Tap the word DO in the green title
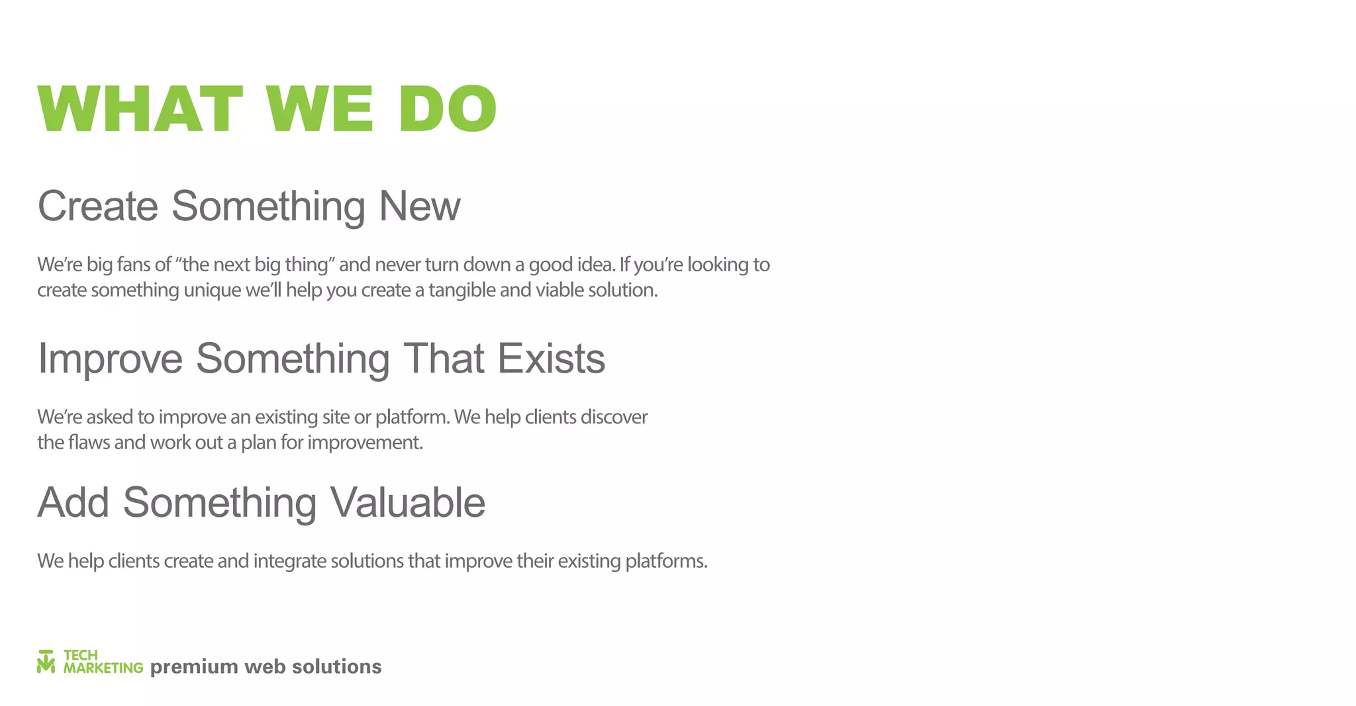[448, 109]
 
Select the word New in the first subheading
[419, 206]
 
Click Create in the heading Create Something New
[98, 206]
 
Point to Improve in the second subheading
[110, 359]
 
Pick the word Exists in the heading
[551, 359]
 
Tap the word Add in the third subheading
[73, 502]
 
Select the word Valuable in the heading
[407, 502]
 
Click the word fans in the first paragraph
[134, 265]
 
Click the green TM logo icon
[46, 662]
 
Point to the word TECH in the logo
[81, 655]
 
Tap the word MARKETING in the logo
[103, 668]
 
